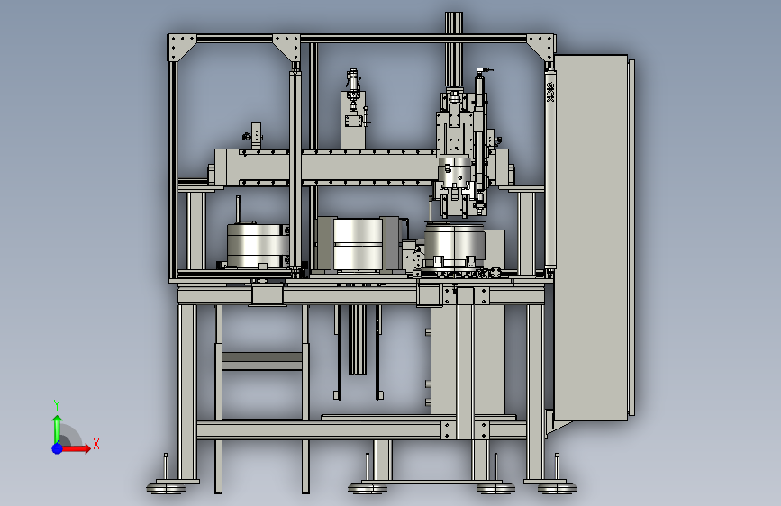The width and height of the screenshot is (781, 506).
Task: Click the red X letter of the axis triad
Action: pos(96,444)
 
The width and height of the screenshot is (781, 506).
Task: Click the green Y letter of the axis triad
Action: pos(57,404)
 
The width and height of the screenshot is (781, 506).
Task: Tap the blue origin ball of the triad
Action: pos(58,448)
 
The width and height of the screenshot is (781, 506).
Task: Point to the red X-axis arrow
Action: pos(75,448)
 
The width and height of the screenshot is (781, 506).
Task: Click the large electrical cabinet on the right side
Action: pos(592,238)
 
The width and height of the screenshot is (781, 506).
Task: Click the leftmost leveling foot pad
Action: pos(166,489)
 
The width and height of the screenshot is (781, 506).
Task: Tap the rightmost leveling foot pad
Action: pos(557,489)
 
